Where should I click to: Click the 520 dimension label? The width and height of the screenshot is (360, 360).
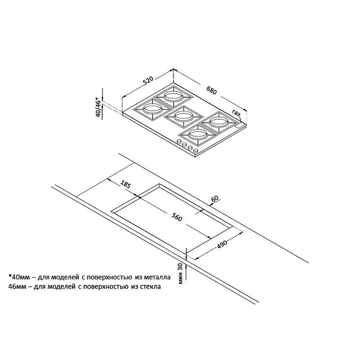click(x=148, y=81)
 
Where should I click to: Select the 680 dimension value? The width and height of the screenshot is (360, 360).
click(x=211, y=90)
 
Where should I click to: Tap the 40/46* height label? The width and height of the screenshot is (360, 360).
click(x=98, y=107)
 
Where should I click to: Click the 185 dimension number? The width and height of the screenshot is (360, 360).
click(x=126, y=184)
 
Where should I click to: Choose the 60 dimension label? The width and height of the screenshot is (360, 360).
click(x=215, y=198)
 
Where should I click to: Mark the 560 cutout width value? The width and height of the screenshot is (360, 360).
click(x=176, y=217)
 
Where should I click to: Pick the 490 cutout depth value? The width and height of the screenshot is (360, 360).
click(x=222, y=245)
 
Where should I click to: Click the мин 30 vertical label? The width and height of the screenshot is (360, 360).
click(x=180, y=274)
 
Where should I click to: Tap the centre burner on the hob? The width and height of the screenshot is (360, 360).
click(x=182, y=116)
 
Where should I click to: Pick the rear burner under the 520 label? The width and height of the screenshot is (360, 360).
click(x=173, y=96)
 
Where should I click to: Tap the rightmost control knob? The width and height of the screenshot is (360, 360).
click(x=196, y=151)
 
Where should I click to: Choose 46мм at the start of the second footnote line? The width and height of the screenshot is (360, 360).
click(x=17, y=287)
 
